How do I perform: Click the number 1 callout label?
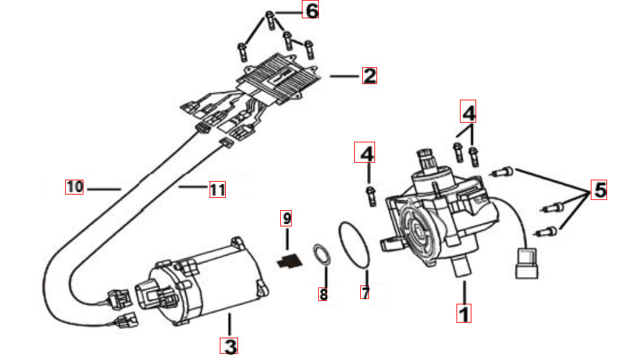tap(464, 314)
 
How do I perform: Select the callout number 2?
tap(369, 75)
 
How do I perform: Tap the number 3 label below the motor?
tap(230, 346)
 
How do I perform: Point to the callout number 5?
tap(599, 191)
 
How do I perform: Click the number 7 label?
tap(366, 294)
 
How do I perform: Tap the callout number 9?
tap(287, 219)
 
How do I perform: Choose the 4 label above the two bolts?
tap(468, 110)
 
